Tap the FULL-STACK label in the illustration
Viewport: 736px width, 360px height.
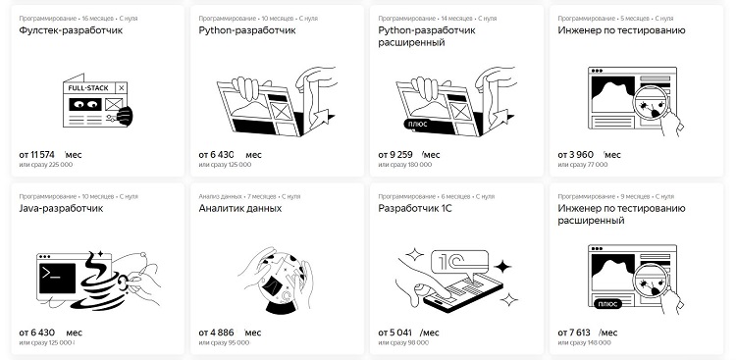click(83, 87)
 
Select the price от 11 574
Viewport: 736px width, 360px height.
click(39, 154)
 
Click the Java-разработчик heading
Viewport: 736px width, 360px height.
click(61, 208)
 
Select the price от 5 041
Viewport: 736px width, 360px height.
click(397, 332)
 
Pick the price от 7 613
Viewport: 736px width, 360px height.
click(577, 332)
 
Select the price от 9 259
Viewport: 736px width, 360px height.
click(397, 154)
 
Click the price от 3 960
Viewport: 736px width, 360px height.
click(577, 154)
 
